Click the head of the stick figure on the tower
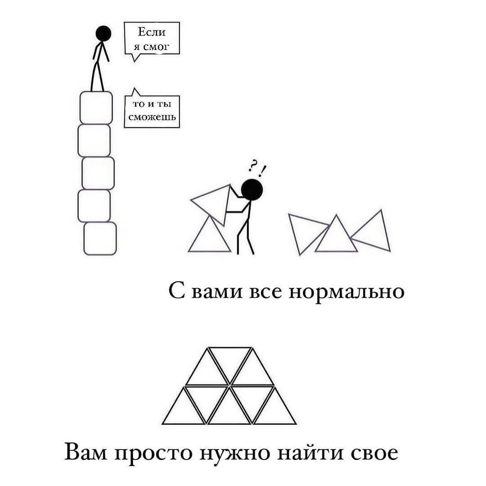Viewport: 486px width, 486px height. click(103, 33)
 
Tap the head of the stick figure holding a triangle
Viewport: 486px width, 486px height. click(252, 189)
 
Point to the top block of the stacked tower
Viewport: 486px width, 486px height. click(96, 108)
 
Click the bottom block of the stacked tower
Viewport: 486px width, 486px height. click(100, 238)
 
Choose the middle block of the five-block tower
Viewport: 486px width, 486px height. click(98, 173)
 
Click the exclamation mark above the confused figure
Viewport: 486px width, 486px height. click(262, 170)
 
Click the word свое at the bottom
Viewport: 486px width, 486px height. click(373, 452)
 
